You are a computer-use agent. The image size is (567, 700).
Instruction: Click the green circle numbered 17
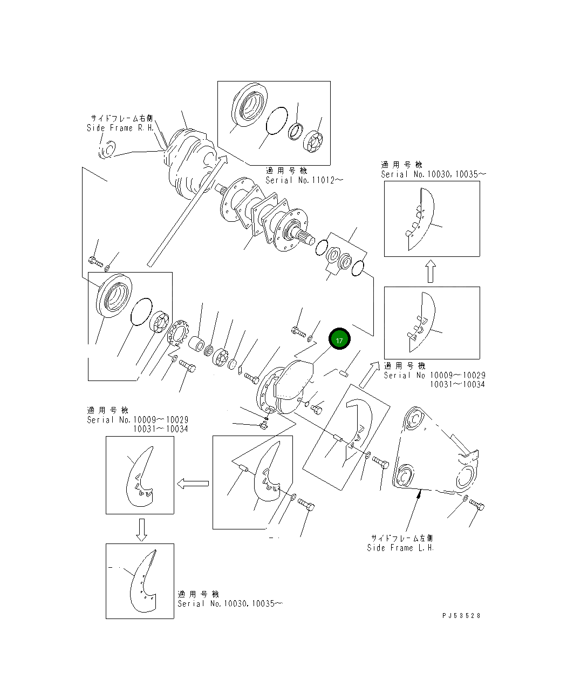(x=339, y=340)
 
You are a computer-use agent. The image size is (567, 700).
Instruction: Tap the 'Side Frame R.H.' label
(x=120, y=128)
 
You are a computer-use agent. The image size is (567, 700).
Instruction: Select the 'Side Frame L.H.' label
(x=400, y=548)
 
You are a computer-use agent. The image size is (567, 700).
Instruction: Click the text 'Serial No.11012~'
(x=304, y=180)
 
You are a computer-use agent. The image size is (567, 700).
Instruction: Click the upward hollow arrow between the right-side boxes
(x=430, y=271)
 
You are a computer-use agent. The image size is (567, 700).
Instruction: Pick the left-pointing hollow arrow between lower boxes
(x=193, y=484)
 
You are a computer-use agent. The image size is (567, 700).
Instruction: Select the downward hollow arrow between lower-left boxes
(x=141, y=529)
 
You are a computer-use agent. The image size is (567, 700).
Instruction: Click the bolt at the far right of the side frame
(x=477, y=505)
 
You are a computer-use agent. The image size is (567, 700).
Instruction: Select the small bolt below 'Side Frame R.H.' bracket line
(x=95, y=262)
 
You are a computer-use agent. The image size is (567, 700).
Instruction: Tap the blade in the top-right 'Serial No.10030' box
(x=422, y=219)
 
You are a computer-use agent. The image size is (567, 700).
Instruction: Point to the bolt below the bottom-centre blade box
(x=307, y=506)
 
